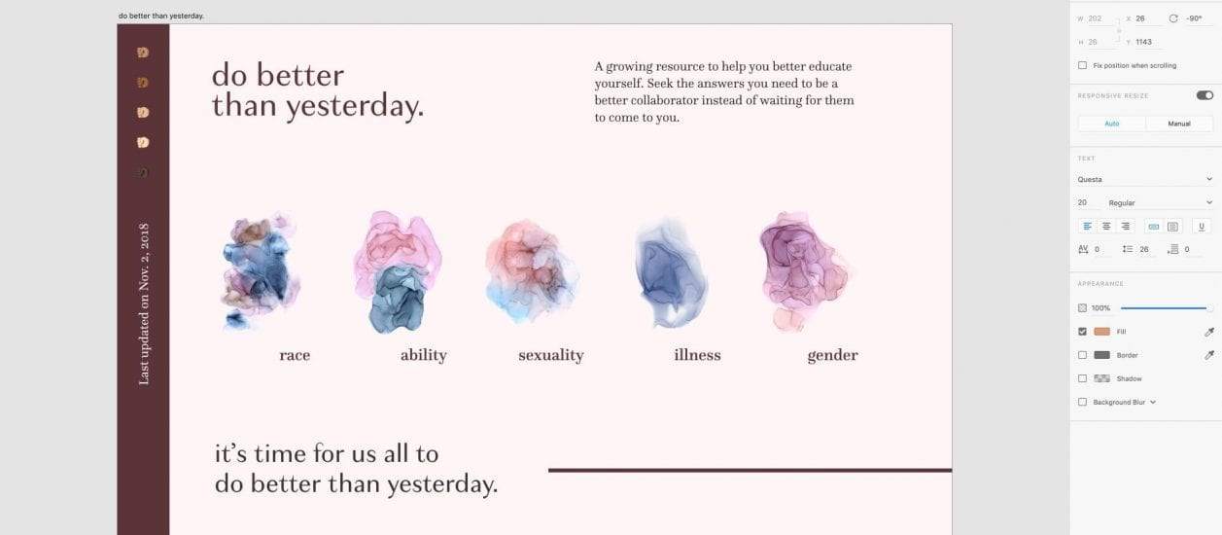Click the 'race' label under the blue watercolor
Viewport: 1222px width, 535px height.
tap(295, 355)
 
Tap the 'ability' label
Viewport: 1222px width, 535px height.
tap(423, 355)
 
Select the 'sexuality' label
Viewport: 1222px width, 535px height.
tap(551, 355)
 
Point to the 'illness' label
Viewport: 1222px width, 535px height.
tap(697, 355)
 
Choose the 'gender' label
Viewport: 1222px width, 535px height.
tap(832, 356)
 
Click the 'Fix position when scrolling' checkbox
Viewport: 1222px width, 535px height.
tap(1082, 65)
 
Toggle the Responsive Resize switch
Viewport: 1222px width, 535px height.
tap(1205, 95)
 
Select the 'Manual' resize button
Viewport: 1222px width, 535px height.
tap(1179, 124)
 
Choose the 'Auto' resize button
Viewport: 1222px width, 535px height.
tap(1112, 124)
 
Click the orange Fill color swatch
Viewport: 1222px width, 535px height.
tap(1102, 332)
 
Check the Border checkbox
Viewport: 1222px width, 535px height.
tap(1082, 355)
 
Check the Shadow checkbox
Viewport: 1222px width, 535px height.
tap(1082, 378)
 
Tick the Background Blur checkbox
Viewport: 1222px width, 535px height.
tap(1082, 402)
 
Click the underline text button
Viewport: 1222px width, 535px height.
tap(1202, 226)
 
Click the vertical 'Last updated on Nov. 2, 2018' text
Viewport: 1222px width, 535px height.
tap(144, 303)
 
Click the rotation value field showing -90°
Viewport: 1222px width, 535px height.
tap(1194, 18)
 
